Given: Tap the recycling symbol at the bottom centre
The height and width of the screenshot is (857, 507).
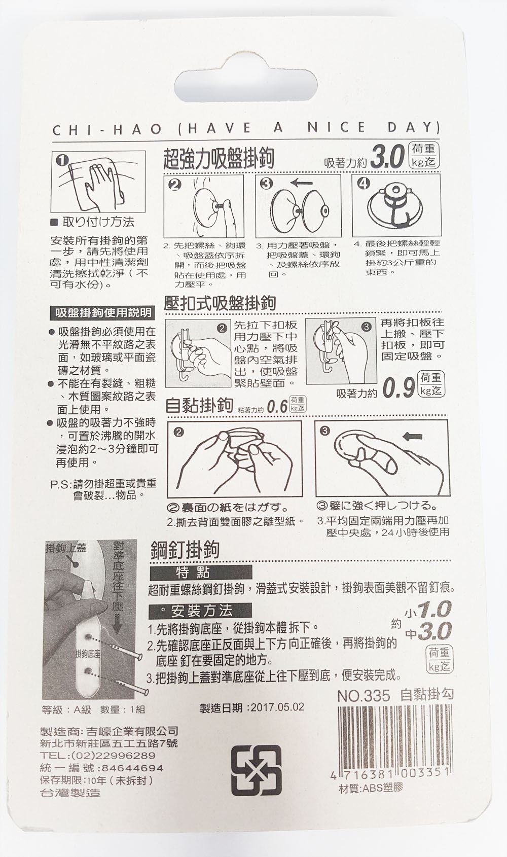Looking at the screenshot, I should point(256,770).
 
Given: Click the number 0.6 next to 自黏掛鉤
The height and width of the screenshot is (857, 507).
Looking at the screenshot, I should point(277,407).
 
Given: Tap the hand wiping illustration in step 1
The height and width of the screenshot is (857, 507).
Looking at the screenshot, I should point(98,182).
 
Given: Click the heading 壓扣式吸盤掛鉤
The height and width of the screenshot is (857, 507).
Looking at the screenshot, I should point(221,303).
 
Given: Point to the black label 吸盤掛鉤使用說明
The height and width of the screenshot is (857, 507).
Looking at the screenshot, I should point(103,313).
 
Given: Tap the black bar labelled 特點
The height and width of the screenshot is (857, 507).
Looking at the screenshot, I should point(201,573).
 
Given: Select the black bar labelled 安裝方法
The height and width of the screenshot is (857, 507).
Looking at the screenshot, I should point(201,610).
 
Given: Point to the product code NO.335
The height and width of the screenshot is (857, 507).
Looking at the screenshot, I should point(364,695).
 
